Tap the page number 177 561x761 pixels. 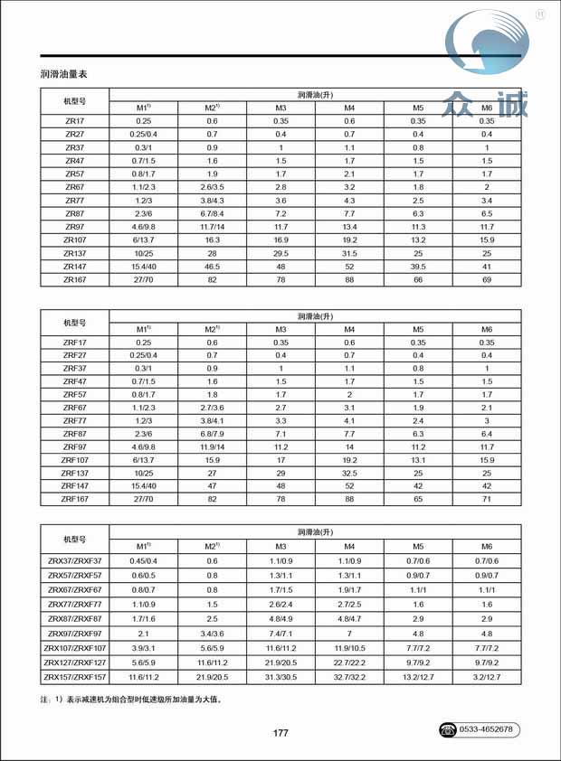click(x=280, y=733)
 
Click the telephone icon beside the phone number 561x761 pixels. click(x=450, y=728)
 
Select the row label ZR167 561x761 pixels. click(x=74, y=280)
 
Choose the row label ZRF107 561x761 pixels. click(x=74, y=460)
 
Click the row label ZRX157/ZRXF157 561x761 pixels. click(x=74, y=676)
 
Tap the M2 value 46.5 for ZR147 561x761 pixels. click(x=212, y=267)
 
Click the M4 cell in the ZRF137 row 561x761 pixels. click(x=349, y=473)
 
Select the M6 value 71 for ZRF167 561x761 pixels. click(x=487, y=498)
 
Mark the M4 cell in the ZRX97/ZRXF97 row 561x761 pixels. click(x=349, y=633)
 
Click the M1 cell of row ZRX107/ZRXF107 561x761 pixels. click(x=143, y=647)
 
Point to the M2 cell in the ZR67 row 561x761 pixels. click(x=212, y=186)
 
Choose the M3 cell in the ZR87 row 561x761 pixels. click(x=280, y=213)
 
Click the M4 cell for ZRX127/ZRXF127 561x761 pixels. click(x=349, y=662)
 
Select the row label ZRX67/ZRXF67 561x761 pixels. click(x=74, y=589)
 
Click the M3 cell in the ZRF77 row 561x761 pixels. click(x=280, y=420)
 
